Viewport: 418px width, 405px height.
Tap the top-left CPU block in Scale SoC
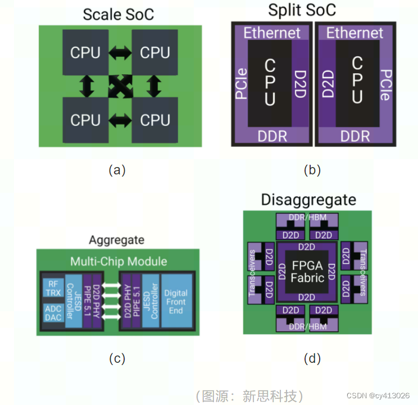tap(85, 53)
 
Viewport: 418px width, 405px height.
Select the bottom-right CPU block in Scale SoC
tap(155, 120)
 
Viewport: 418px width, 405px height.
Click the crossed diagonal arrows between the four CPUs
tap(120, 87)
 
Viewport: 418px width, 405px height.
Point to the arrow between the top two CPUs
tap(120, 53)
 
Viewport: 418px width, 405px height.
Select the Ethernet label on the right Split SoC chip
tap(355, 33)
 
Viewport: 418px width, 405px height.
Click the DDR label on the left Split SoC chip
tap(272, 136)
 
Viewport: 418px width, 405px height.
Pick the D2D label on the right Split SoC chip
tap(327, 84)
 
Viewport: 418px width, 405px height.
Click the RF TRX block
tap(53, 288)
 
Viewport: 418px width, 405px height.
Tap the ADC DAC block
tap(53, 313)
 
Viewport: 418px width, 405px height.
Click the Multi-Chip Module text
tap(118, 262)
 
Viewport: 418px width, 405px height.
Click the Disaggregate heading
tap(308, 200)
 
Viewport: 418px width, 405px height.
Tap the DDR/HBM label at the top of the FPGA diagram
tap(307, 217)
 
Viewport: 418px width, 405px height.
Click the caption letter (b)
tap(312, 170)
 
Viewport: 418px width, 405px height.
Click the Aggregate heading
tap(116, 240)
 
